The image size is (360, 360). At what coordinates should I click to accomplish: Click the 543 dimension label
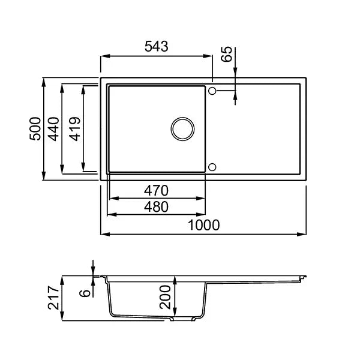[x=157, y=46]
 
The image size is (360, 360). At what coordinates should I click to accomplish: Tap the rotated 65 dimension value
[x=227, y=54]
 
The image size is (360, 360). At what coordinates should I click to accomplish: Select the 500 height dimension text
[x=35, y=128]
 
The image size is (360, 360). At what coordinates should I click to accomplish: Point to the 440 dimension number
[x=53, y=129]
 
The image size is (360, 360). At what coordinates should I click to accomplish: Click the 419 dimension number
[x=75, y=129]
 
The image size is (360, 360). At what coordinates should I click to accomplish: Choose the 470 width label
[x=156, y=191]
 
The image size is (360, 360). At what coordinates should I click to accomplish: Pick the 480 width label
[x=156, y=206]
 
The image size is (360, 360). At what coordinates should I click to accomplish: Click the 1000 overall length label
[x=203, y=225]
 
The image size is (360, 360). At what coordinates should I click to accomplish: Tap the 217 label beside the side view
[x=53, y=298]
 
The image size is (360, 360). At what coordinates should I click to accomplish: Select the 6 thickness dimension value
[x=85, y=293]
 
